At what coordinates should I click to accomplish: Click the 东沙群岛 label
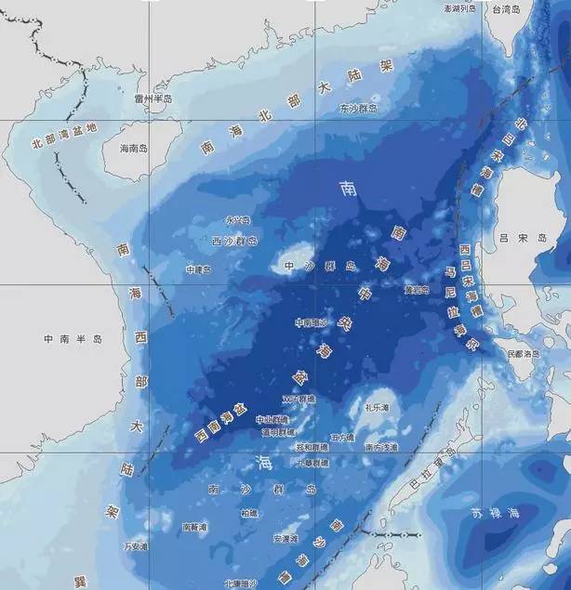[358, 109]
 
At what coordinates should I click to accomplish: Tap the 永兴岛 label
[238, 220]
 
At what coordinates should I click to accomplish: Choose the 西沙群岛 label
[234, 241]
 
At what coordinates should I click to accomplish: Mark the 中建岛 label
[198, 269]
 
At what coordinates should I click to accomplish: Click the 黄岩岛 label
[417, 290]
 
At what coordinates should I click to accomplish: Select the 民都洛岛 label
[523, 354]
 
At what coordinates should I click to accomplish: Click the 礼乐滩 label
[377, 407]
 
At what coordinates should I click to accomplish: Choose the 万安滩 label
[135, 547]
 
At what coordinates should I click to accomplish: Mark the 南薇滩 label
[195, 526]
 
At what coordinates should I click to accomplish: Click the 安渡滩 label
[284, 538]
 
